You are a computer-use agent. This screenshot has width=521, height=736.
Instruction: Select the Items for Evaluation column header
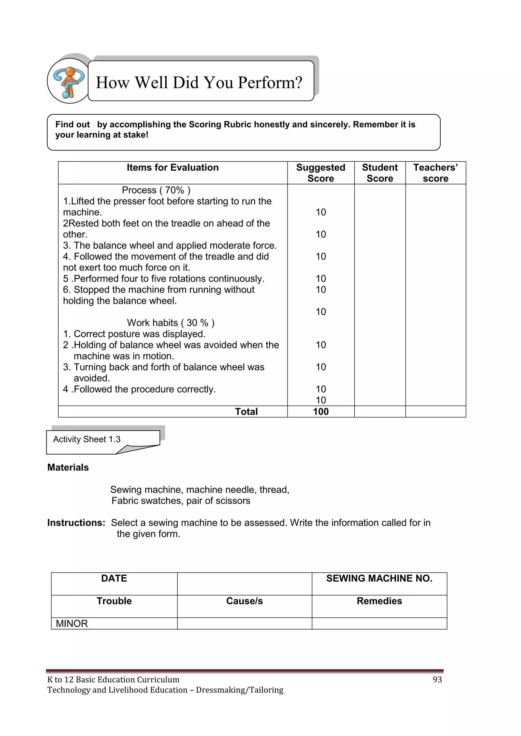coord(172,167)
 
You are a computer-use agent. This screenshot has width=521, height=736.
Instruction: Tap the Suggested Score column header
coord(321,173)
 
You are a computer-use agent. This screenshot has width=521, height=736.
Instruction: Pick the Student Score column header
coord(380,173)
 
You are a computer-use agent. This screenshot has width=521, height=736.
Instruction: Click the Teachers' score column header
coord(435,173)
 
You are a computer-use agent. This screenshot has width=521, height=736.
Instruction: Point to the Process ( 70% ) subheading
coord(156,190)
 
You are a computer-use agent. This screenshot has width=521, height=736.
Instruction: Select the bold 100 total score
coord(321,412)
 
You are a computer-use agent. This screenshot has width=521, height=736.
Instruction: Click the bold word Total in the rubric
coord(246,412)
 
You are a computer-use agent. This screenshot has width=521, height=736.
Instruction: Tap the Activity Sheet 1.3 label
coord(86,439)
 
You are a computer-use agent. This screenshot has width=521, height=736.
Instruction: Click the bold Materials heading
coord(68,467)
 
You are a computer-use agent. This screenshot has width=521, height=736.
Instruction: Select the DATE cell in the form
coord(114,578)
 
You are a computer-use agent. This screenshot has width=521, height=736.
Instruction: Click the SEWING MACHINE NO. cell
coord(379,578)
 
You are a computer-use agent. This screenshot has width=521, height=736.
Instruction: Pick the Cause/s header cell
coord(244,601)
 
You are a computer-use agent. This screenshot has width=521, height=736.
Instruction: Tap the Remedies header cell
coord(379,601)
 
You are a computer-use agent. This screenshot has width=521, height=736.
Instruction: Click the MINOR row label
coord(72,623)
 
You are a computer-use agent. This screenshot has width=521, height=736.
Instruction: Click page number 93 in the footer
coord(437,679)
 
